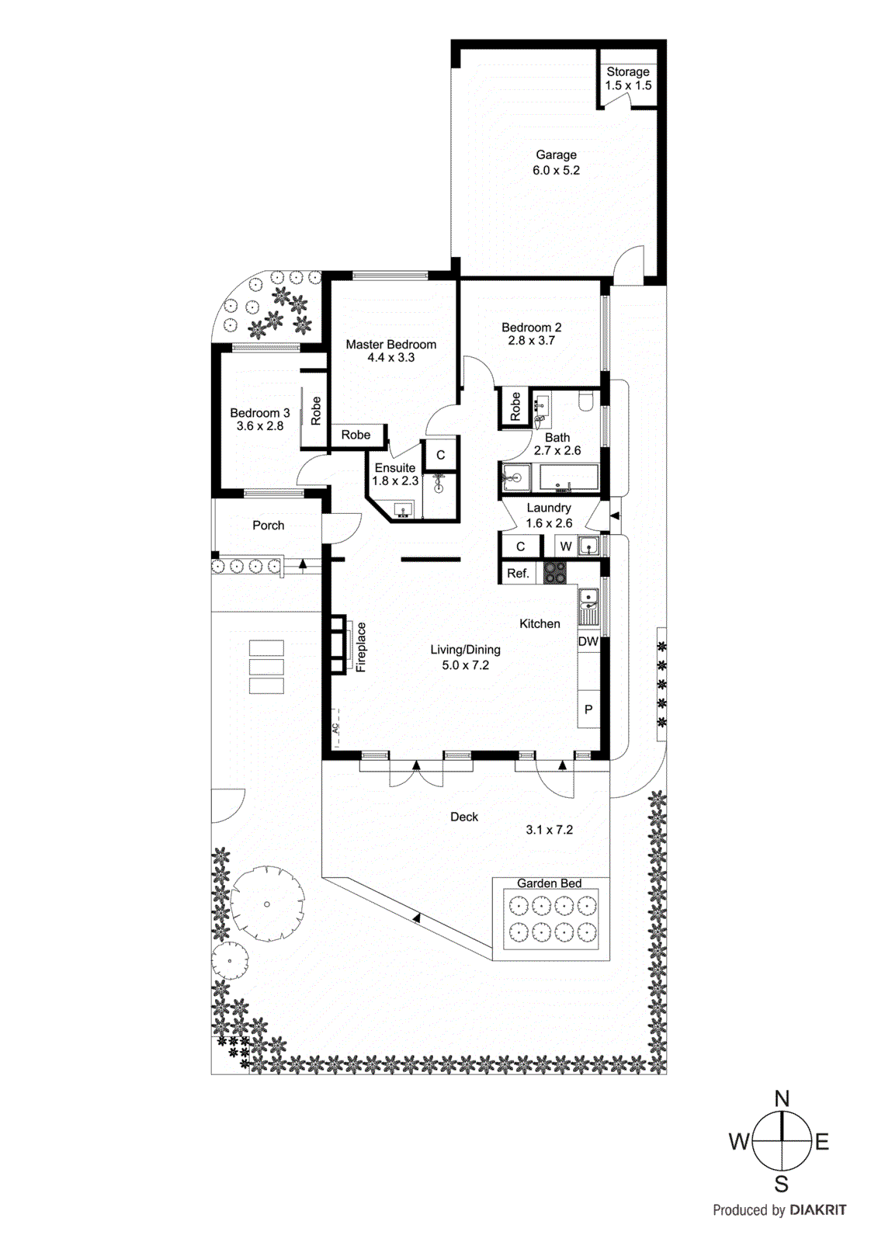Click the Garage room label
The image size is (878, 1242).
click(556, 154)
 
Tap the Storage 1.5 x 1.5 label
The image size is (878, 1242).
click(628, 78)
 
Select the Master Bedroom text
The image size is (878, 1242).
click(390, 344)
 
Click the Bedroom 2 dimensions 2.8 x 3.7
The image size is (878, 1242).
click(531, 341)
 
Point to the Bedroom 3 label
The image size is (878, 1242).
click(259, 413)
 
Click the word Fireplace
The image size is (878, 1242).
click(361, 646)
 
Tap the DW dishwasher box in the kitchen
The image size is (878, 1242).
click(588, 641)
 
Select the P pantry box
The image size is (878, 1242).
click(588, 709)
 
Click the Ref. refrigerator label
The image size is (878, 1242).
click(518, 573)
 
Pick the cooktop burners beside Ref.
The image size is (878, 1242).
click(554, 573)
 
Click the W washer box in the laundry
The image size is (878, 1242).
click(566, 546)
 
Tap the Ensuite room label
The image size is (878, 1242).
click(394, 468)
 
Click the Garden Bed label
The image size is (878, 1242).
click(549, 883)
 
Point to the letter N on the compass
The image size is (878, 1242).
click(782, 1099)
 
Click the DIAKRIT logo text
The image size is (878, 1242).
click(817, 1209)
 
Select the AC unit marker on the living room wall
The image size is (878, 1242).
click(335, 728)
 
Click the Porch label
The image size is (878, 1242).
click(268, 526)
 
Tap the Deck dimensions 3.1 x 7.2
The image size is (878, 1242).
click(549, 830)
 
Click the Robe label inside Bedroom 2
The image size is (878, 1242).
click(515, 406)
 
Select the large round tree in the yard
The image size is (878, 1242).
click(267, 904)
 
